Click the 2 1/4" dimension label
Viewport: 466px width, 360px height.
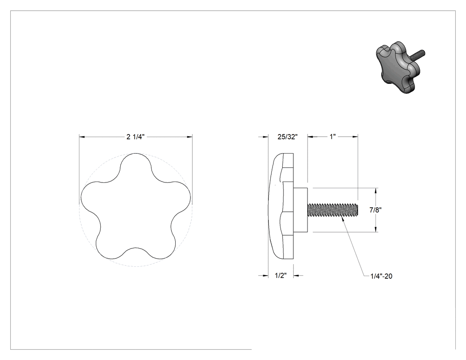pos(135,137)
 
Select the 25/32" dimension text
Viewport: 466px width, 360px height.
pos(288,137)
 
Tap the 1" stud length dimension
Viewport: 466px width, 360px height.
pos(332,136)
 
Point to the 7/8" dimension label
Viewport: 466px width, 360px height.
pos(375,210)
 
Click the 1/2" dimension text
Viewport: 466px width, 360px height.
pos(280,276)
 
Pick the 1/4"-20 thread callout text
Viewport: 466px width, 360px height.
pos(381,276)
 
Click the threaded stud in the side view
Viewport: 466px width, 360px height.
pos(333,210)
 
